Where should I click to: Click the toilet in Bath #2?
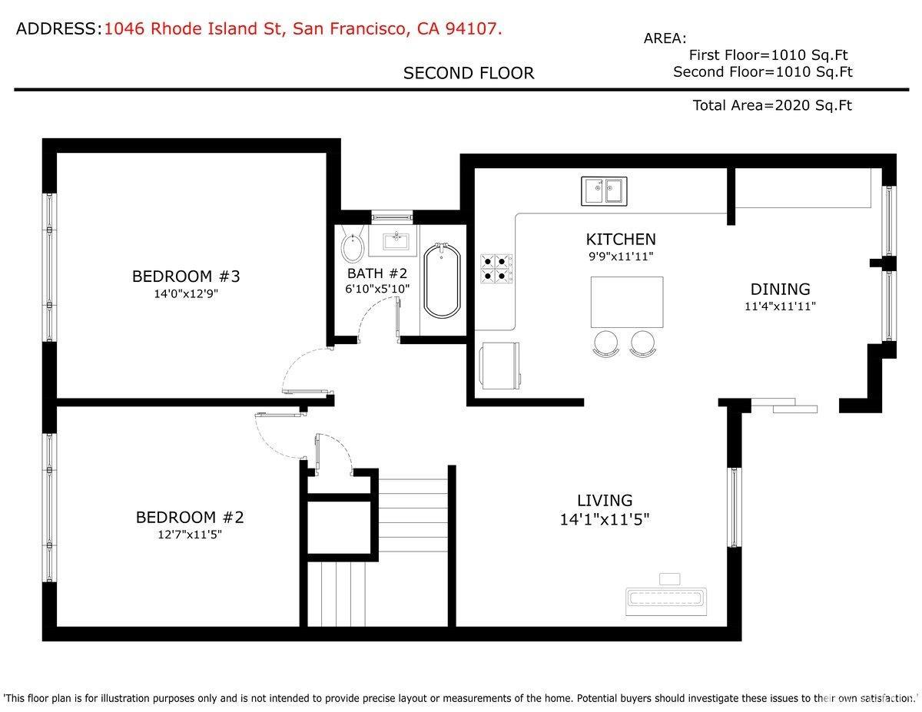(353, 245)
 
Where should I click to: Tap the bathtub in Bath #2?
(442, 280)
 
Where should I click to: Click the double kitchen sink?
(604, 191)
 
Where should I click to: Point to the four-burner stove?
(496, 269)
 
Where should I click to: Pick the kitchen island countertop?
(627, 302)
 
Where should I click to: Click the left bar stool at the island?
(606, 343)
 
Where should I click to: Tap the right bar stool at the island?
(643, 343)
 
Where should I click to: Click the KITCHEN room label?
(621, 240)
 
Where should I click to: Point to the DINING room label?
(780, 290)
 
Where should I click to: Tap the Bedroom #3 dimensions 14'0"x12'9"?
(186, 294)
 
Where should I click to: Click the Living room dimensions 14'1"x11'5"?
(605, 519)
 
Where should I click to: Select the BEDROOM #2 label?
(190, 518)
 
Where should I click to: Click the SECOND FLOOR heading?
(469, 74)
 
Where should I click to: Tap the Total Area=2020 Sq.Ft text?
(772, 105)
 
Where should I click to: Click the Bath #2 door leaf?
(398, 320)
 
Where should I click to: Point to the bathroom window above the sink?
(392, 217)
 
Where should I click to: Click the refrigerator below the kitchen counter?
(499, 365)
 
